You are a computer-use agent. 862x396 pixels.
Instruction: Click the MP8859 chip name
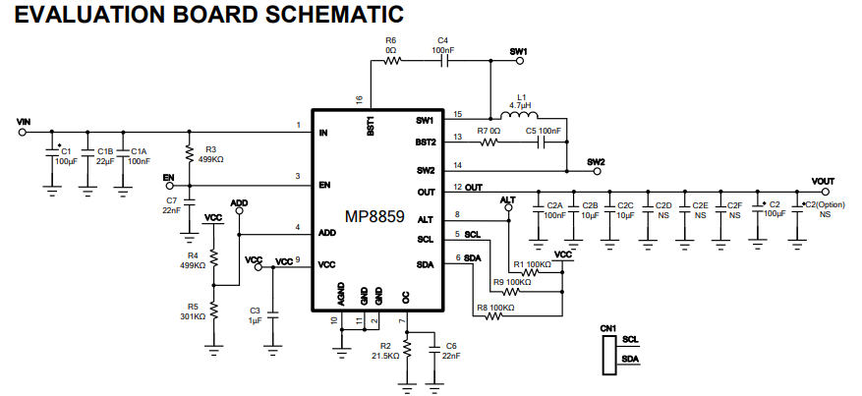click(x=374, y=216)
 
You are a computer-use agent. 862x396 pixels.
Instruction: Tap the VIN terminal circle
click(x=23, y=132)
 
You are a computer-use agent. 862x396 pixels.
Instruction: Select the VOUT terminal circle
click(x=825, y=192)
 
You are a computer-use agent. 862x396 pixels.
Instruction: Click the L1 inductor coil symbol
click(x=519, y=115)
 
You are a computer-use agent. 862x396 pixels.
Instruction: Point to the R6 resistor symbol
click(x=391, y=61)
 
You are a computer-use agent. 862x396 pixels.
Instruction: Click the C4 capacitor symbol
click(x=444, y=61)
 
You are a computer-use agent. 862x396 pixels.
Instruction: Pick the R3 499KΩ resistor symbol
click(x=189, y=154)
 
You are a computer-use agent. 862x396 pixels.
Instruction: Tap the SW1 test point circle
click(x=519, y=61)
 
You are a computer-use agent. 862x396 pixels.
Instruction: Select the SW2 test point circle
click(x=597, y=171)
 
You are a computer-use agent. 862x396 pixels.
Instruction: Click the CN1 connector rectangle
click(x=608, y=356)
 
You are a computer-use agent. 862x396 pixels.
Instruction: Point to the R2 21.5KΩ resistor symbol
click(x=407, y=349)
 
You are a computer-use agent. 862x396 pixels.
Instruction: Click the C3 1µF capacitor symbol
click(x=271, y=317)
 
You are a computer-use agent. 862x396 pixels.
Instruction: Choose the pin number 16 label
click(x=359, y=99)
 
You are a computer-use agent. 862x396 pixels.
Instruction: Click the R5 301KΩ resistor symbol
click(x=214, y=311)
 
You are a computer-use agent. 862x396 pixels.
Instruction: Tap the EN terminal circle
click(x=169, y=186)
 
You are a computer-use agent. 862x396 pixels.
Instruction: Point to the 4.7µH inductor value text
click(x=520, y=105)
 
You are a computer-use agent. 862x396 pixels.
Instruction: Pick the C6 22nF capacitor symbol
click(x=434, y=349)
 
